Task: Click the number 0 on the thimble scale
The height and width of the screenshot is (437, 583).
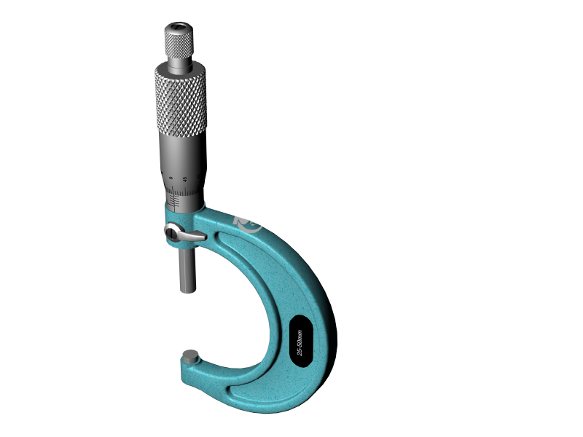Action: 171,178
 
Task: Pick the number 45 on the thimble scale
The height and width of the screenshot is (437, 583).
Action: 186,178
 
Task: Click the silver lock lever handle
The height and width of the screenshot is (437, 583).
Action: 194,237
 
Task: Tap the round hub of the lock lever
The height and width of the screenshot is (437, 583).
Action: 173,232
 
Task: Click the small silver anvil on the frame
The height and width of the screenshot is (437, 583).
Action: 191,357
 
